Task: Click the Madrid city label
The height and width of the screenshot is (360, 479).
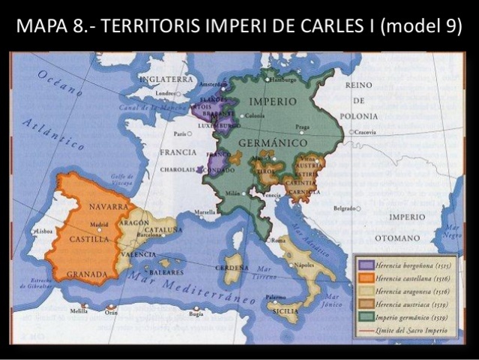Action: click(x=99, y=223)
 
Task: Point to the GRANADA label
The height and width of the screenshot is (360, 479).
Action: click(x=87, y=274)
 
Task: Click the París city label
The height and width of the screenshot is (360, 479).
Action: click(x=179, y=134)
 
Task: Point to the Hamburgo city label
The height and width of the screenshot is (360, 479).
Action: click(x=282, y=79)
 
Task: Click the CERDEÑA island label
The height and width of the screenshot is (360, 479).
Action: click(x=232, y=268)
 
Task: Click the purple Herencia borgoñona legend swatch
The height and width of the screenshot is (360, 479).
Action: click(x=366, y=265)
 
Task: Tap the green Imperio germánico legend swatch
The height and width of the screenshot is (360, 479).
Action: click(x=366, y=319)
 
